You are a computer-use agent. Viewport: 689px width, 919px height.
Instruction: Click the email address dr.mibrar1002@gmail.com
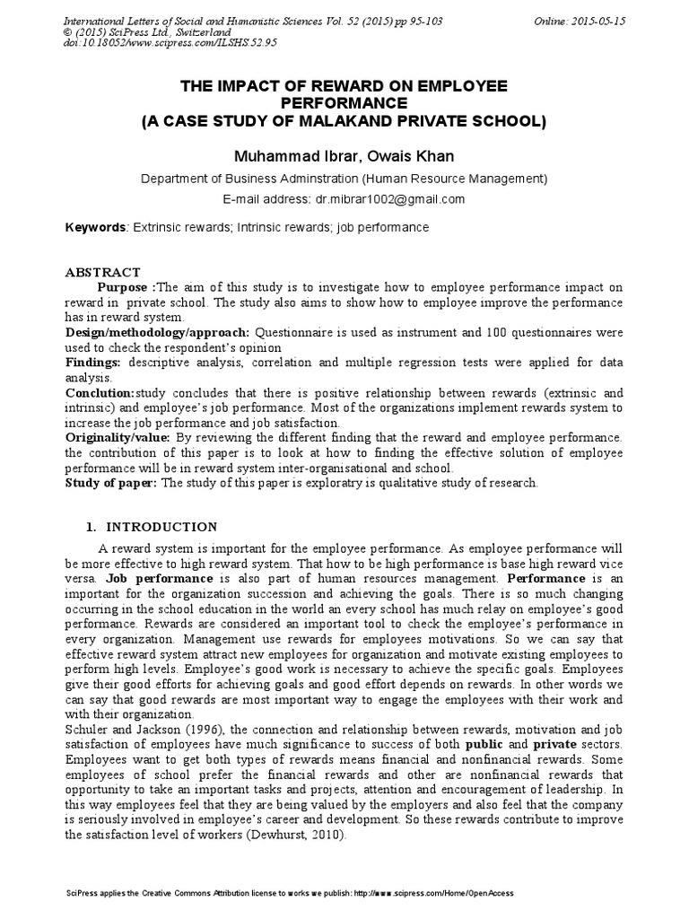(388, 199)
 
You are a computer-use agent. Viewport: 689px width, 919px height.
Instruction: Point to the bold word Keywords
(96, 228)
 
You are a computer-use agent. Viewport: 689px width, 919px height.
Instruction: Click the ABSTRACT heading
(103, 272)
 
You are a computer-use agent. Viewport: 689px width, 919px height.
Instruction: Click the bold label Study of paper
(111, 483)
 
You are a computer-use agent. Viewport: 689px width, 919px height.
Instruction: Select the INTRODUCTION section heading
(162, 527)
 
